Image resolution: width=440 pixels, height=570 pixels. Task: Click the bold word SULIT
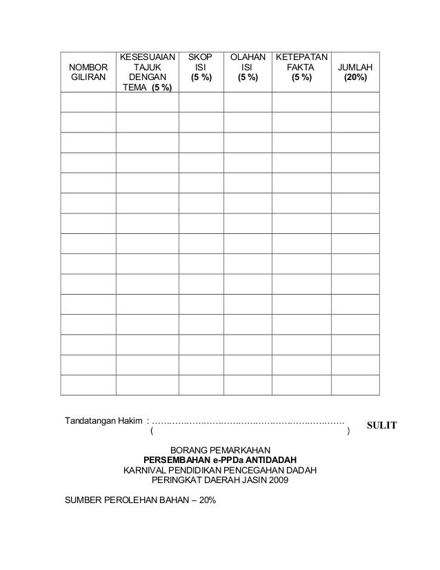pyautogui.click(x=381, y=425)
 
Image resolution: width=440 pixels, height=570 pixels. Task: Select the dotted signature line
pyautogui.click(x=248, y=420)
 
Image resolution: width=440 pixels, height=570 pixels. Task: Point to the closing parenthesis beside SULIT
pyautogui.click(x=349, y=432)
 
